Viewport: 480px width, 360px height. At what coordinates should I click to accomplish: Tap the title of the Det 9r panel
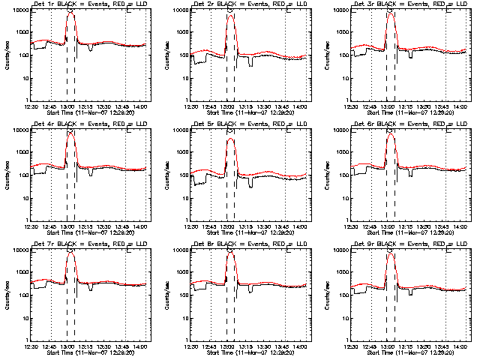click(x=409, y=244)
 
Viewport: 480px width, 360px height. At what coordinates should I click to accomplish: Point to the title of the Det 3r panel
click(x=409, y=4)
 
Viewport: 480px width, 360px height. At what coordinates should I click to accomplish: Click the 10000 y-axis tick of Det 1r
click(x=18, y=10)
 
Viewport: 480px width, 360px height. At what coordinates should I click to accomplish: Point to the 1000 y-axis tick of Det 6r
click(x=343, y=153)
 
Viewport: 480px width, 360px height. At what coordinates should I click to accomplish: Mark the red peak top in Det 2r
click(x=229, y=14)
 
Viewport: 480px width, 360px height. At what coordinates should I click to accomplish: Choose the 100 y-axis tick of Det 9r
click(x=344, y=295)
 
